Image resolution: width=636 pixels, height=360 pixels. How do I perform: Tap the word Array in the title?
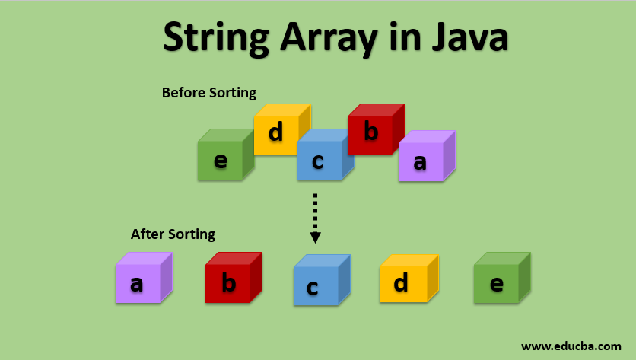[x=326, y=37]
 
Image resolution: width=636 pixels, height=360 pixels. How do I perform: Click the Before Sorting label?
[x=209, y=93]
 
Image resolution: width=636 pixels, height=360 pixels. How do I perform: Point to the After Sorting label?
[x=173, y=234]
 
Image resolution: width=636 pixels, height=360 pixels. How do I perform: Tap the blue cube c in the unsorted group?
[x=319, y=161]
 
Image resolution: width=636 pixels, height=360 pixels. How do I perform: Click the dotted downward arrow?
[x=315, y=217]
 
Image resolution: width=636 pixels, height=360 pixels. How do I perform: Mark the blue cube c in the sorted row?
[x=316, y=285]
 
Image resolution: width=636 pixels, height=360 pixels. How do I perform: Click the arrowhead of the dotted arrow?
[x=315, y=237]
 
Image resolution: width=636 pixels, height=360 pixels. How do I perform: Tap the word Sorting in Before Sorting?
[x=231, y=93]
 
